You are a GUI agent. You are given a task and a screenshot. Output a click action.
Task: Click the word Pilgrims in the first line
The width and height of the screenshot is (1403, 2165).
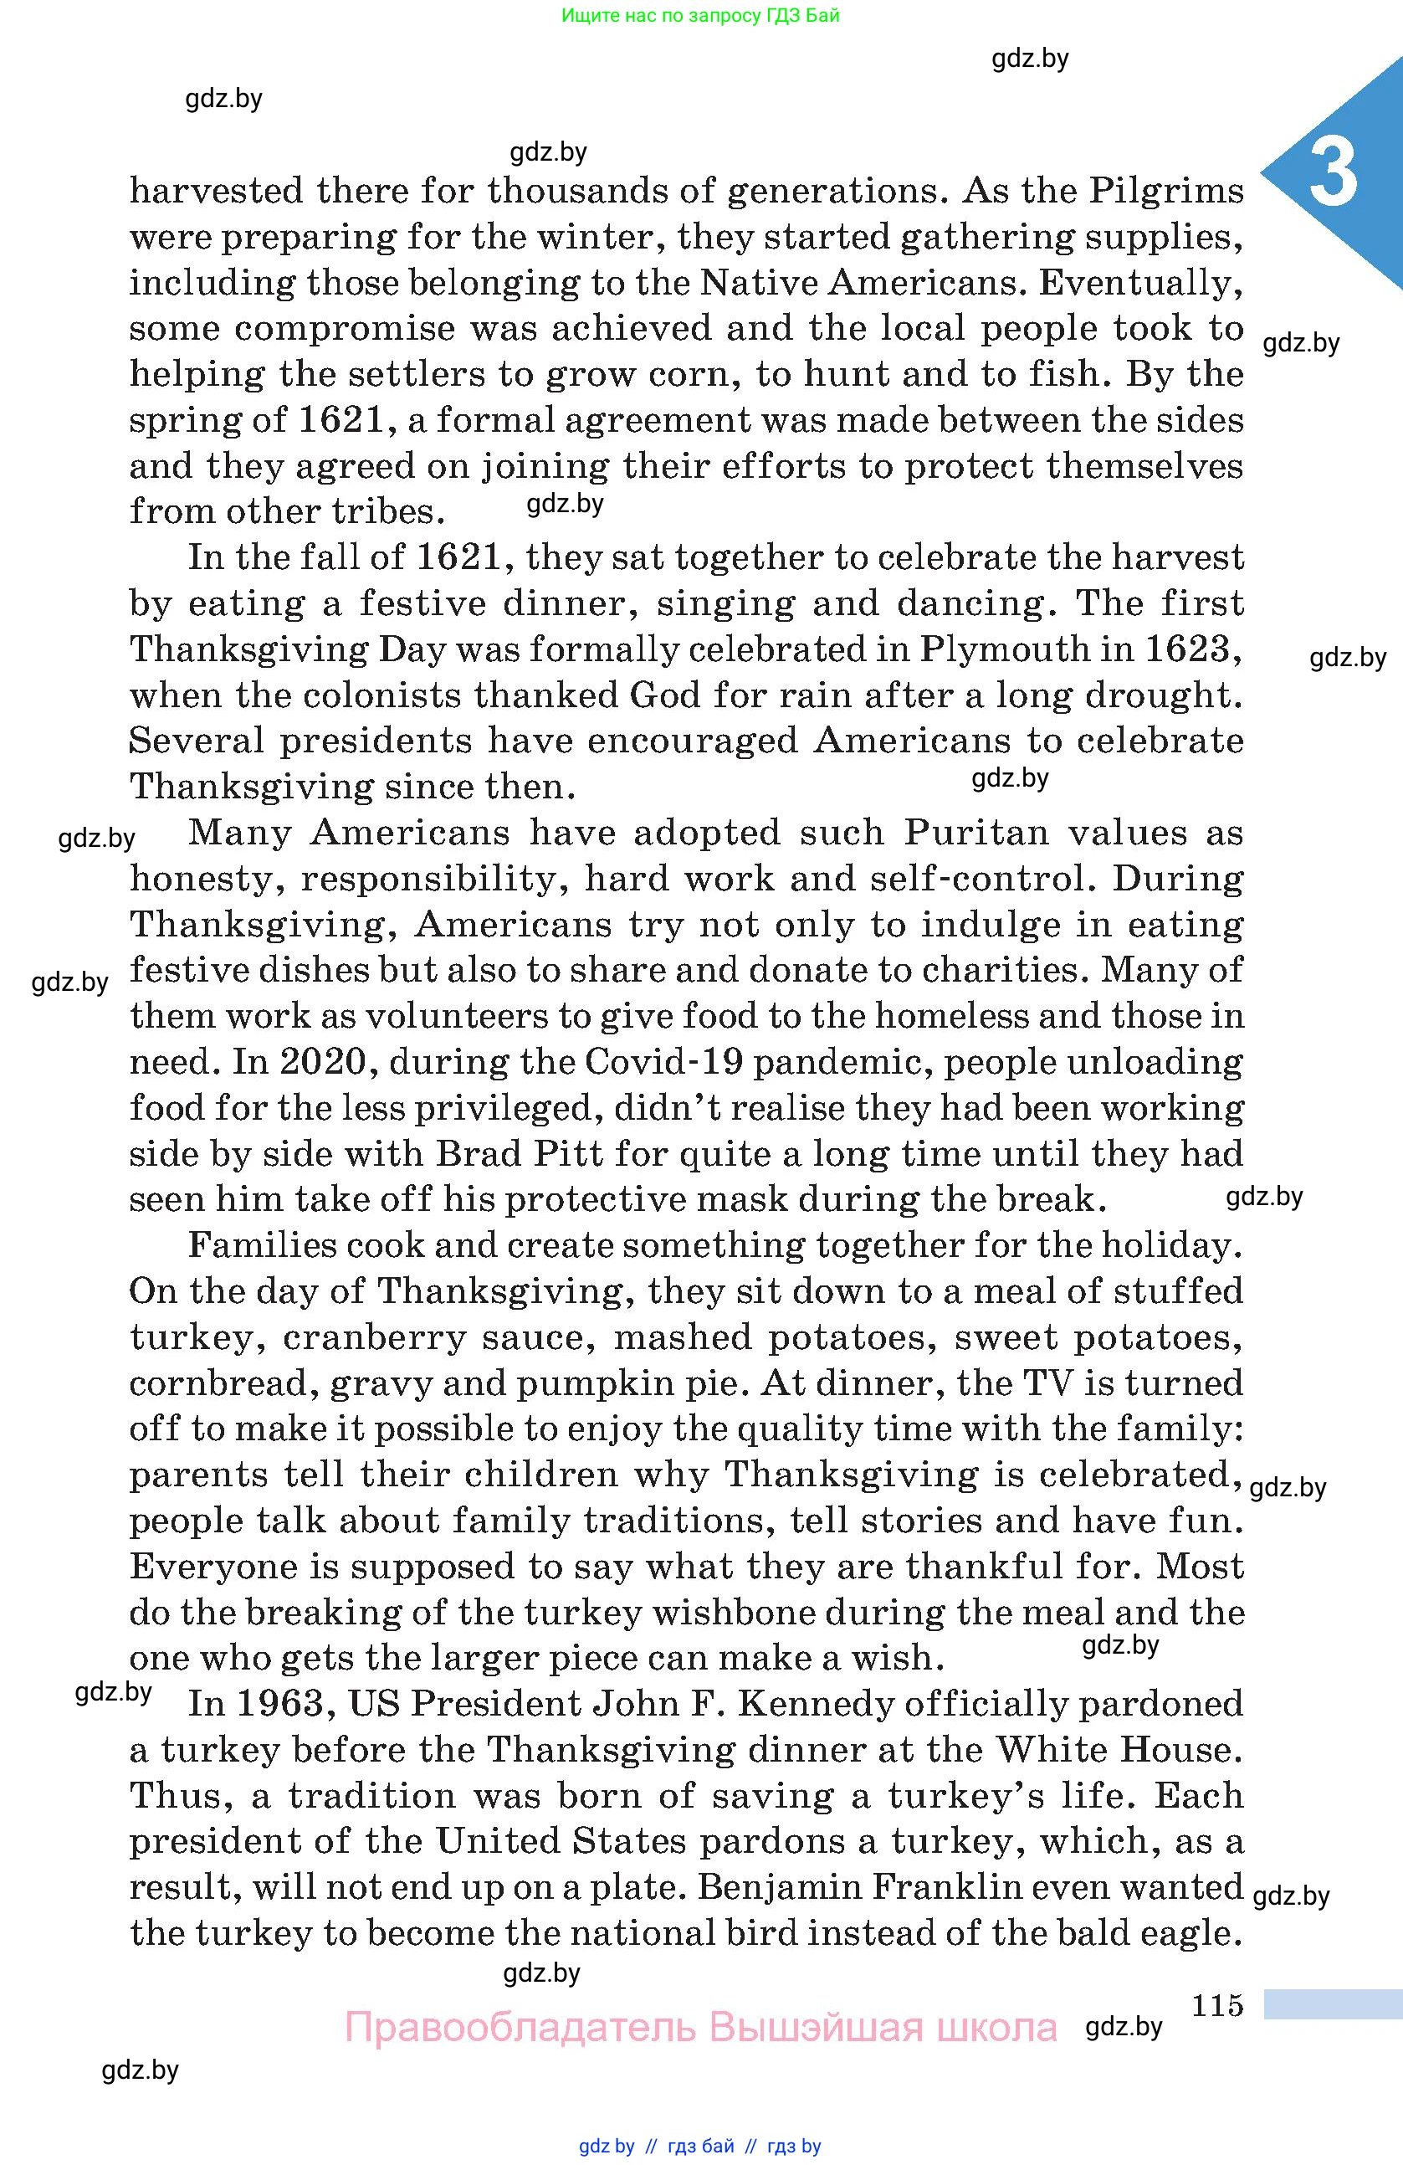1166,192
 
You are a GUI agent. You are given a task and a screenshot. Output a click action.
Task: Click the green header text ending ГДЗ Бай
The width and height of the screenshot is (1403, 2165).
700,15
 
